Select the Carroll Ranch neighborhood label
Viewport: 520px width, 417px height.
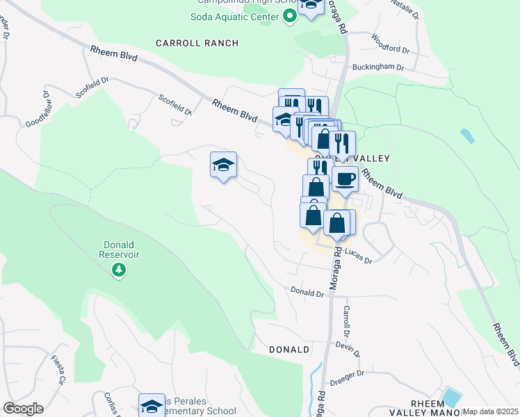point(197,43)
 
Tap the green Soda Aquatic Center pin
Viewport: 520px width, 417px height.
point(289,16)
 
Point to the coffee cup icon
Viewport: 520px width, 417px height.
point(345,179)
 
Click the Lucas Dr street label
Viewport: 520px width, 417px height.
point(358,259)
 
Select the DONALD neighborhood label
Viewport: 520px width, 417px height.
point(289,350)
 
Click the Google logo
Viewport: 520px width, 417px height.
point(23,409)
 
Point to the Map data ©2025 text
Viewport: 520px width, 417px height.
point(490,411)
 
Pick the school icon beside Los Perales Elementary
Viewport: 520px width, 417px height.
point(152,407)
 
